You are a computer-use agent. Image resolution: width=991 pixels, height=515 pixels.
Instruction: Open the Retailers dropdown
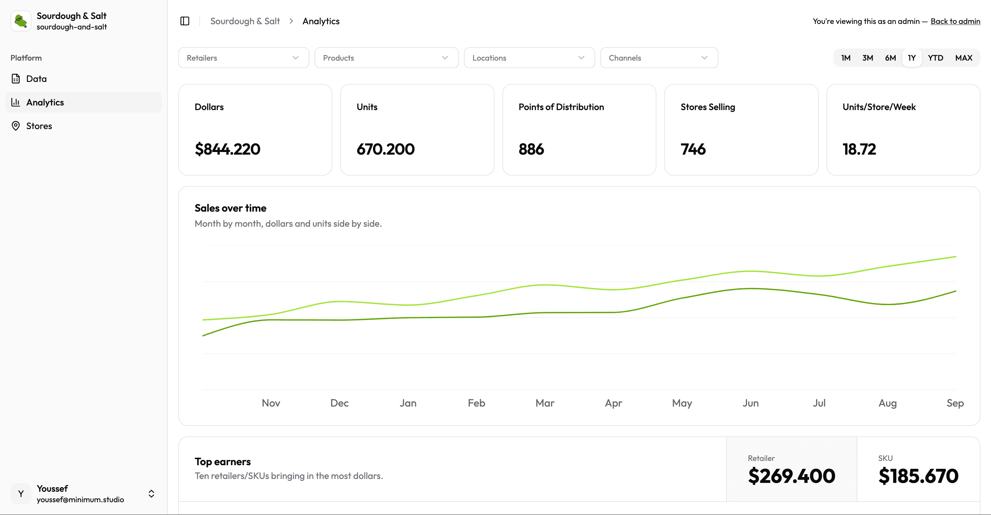click(x=243, y=58)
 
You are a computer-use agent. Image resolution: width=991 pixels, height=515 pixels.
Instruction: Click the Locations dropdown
click(x=529, y=58)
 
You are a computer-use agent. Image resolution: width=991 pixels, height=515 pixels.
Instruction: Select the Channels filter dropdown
click(x=659, y=58)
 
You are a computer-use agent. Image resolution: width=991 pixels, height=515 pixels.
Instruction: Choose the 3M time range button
click(x=867, y=58)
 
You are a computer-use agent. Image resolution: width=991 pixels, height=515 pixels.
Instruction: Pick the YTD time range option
click(x=935, y=58)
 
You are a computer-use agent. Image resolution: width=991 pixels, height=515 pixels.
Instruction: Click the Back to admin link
click(x=955, y=21)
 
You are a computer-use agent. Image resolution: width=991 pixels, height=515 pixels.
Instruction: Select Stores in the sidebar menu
click(x=39, y=126)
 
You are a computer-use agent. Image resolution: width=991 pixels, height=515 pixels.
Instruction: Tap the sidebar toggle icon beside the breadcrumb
click(x=185, y=21)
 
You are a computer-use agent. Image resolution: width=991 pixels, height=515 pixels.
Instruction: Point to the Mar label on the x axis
click(x=544, y=403)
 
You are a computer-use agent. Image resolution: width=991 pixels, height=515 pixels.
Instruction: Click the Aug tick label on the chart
click(x=887, y=403)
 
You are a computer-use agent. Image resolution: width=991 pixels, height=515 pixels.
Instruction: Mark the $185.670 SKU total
click(x=918, y=476)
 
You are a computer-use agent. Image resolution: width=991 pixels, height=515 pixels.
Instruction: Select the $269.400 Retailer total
click(x=791, y=476)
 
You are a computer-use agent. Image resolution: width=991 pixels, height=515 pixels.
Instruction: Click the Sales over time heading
click(x=230, y=208)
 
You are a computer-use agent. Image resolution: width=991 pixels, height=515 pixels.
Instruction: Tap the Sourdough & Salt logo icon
click(x=21, y=21)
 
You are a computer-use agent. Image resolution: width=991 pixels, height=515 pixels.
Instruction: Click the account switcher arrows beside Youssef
click(x=151, y=493)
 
